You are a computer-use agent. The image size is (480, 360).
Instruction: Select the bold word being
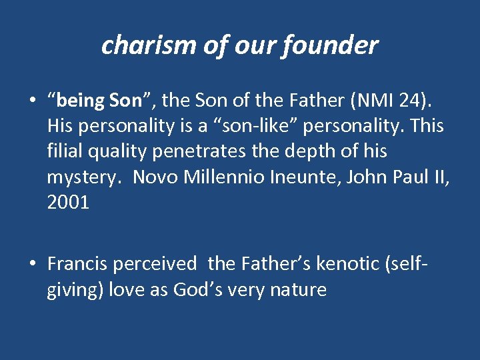pos(81,101)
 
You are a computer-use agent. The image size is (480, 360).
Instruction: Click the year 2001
pos(68,202)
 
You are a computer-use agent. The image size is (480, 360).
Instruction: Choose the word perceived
pos(155,265)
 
